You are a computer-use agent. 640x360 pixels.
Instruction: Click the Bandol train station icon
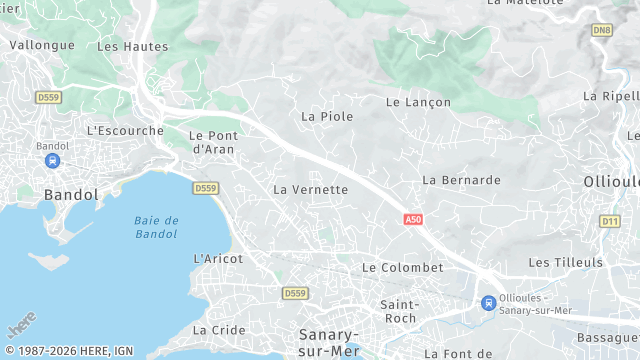pyautogui.click(x=52, y=160)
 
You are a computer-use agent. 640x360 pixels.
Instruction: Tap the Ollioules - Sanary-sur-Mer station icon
pyautogui.click(x=488, y=303)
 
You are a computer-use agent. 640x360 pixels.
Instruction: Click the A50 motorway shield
pyautogui.click(x=413, y=219)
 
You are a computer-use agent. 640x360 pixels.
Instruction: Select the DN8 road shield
pyautogui.click(x=601, y=31)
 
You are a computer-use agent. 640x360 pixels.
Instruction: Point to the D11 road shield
pyautogui.click(x=610, y=221)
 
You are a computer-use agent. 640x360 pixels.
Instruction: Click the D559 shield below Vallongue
pyautogui.click(x=47, y=97)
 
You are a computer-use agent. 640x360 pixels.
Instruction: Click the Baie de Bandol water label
pyautogui.click(x=156, y=227)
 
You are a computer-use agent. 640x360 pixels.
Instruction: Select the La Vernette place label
pyautogui.click(x=310, y=189)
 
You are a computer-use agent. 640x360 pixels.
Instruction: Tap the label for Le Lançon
pyautogui.click(x=418, y=102)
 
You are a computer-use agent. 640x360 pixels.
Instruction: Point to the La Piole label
pyautogui.click(x=327, y=116)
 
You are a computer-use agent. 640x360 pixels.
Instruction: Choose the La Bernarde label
pyautogui.click(x=461, y=180)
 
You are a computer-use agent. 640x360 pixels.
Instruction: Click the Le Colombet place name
pyautogui.click(x=402, y=267)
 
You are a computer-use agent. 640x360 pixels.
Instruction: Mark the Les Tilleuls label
pyautogui.click(x=566, y=262)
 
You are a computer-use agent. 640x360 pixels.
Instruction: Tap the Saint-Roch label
pyautogui.click(x=399, y=310)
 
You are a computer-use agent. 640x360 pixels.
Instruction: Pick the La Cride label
pyautogui.click(x=219, y=330)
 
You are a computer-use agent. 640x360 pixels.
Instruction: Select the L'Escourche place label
pyautogui.click(x=125, y=130)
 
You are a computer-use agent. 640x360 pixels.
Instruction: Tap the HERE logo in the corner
pyautogui.click(x=21, y=325)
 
